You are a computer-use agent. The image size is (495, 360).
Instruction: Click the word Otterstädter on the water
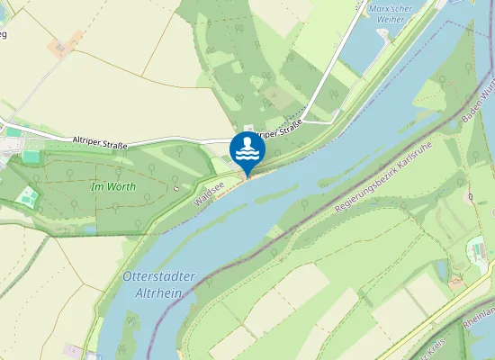(157, 277)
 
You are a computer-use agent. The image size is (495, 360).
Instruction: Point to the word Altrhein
(158, 293)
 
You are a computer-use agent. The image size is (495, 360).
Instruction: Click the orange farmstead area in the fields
(60, 47)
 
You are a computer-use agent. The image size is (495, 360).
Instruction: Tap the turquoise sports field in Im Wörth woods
(29, 196)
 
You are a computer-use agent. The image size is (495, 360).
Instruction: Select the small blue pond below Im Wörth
(90, 229)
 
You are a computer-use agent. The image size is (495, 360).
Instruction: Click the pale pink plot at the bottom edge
(72, 351)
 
